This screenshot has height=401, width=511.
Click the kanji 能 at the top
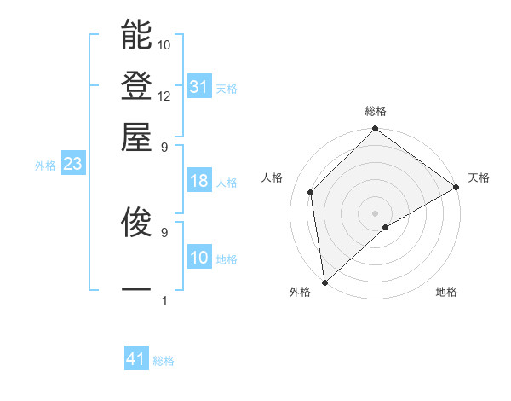[136, 36]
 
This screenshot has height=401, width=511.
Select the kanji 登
[136, 86]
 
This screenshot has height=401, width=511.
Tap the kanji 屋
[136, 137]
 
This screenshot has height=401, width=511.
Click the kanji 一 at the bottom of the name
[136, 290]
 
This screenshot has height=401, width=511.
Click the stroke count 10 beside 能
[164, 44]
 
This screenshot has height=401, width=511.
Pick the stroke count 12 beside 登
[164, 96]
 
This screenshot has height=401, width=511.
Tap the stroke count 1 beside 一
[164, 300]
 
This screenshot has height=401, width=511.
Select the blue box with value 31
[198, 87]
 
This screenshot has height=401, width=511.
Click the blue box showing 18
[198, 181]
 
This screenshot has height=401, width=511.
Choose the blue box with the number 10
[198, 258]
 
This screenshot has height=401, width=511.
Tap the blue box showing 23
[72, 165]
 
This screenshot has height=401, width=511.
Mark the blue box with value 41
[136, 359]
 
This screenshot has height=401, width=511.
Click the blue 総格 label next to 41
[164, 361]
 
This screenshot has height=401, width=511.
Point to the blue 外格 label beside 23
[44, 166]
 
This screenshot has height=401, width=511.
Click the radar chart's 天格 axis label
[479, 177]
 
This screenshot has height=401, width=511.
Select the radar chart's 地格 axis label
[446, 293]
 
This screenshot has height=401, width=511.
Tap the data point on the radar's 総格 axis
[375, 131]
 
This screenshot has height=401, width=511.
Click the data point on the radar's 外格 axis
[324, 282]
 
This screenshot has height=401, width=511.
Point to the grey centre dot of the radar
[375, 212]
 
